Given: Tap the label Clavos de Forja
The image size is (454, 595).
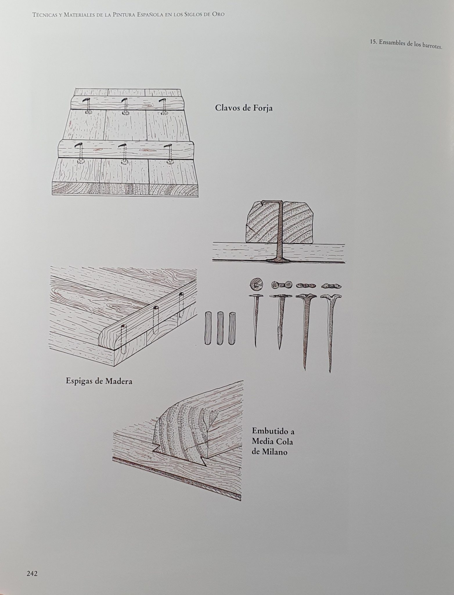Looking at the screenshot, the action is tap(244, 108).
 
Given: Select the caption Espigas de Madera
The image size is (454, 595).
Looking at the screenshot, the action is tap(99, 381).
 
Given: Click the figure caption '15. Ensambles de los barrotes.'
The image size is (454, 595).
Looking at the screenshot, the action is tap(406, 44).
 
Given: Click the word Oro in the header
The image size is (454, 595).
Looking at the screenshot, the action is tap(219, 15).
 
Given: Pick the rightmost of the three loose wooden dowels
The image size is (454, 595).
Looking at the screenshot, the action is tap(232, 328).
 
